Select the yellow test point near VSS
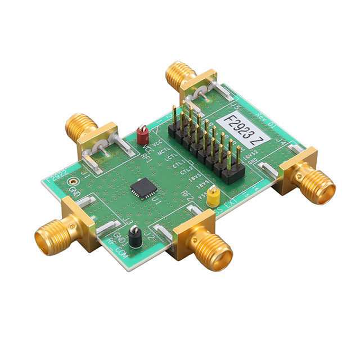click(x=213, y=197)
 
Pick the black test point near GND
click(x=135, y=238)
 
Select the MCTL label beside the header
click(x=163, y=154)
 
